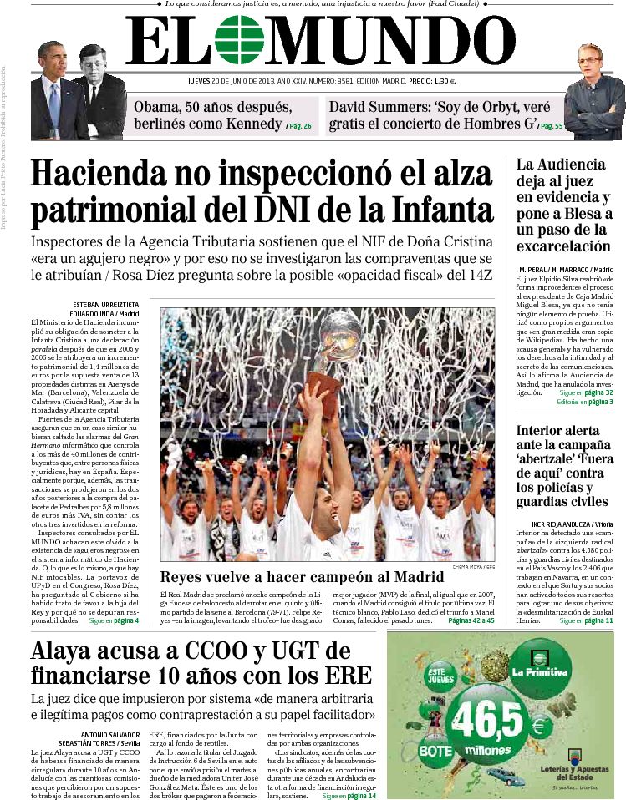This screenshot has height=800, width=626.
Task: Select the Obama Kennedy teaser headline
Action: (212, 116)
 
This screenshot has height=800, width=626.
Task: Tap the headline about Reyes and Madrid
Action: (302, 576)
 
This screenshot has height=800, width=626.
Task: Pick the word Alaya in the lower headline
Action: (68, 651)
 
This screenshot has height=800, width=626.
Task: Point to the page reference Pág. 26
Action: (298, 126)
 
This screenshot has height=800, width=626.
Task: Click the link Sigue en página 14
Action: (349, 796)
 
